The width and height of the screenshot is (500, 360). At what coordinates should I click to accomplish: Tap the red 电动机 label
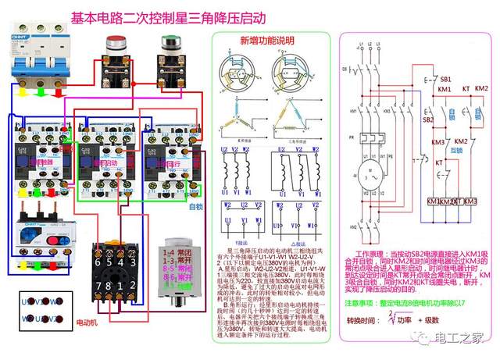(x=87, y=320)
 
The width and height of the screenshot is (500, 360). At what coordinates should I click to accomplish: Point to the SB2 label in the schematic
(x=428, y=120)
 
